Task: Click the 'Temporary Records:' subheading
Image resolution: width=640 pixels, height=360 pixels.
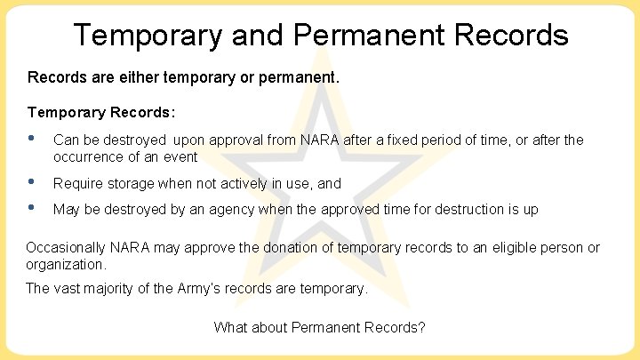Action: click(x=101, y=113)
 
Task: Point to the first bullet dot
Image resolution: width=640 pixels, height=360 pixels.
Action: click(x=32, y=138)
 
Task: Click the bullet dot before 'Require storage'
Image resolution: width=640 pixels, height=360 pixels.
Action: click(x=32, y=181)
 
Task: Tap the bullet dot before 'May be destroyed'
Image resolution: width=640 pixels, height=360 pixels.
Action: click(x=32, y=208)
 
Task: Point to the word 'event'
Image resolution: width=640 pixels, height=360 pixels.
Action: click(x=180, y=156)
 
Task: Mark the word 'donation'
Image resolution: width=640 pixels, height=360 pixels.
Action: click(x=275, y=248)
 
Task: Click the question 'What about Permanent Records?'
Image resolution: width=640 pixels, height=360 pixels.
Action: click(x=319, y=327)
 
